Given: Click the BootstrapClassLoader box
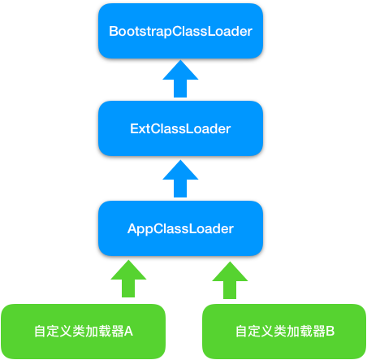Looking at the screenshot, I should click(180, 30).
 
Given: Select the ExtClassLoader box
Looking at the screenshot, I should click(180, 128).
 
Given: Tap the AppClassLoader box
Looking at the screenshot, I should click(180, 228).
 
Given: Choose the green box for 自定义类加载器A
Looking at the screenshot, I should click(84, 331).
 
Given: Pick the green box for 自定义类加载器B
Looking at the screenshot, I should click(284, 331).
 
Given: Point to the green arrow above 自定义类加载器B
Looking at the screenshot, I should click(228, 279).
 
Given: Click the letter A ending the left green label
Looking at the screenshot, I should click(128, 332).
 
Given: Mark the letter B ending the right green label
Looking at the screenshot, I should click(330, 332).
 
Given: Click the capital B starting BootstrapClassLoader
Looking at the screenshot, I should click(114, 31).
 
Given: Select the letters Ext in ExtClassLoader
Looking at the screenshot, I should click(139, 129).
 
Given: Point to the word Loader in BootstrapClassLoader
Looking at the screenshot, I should click(231, 31).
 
